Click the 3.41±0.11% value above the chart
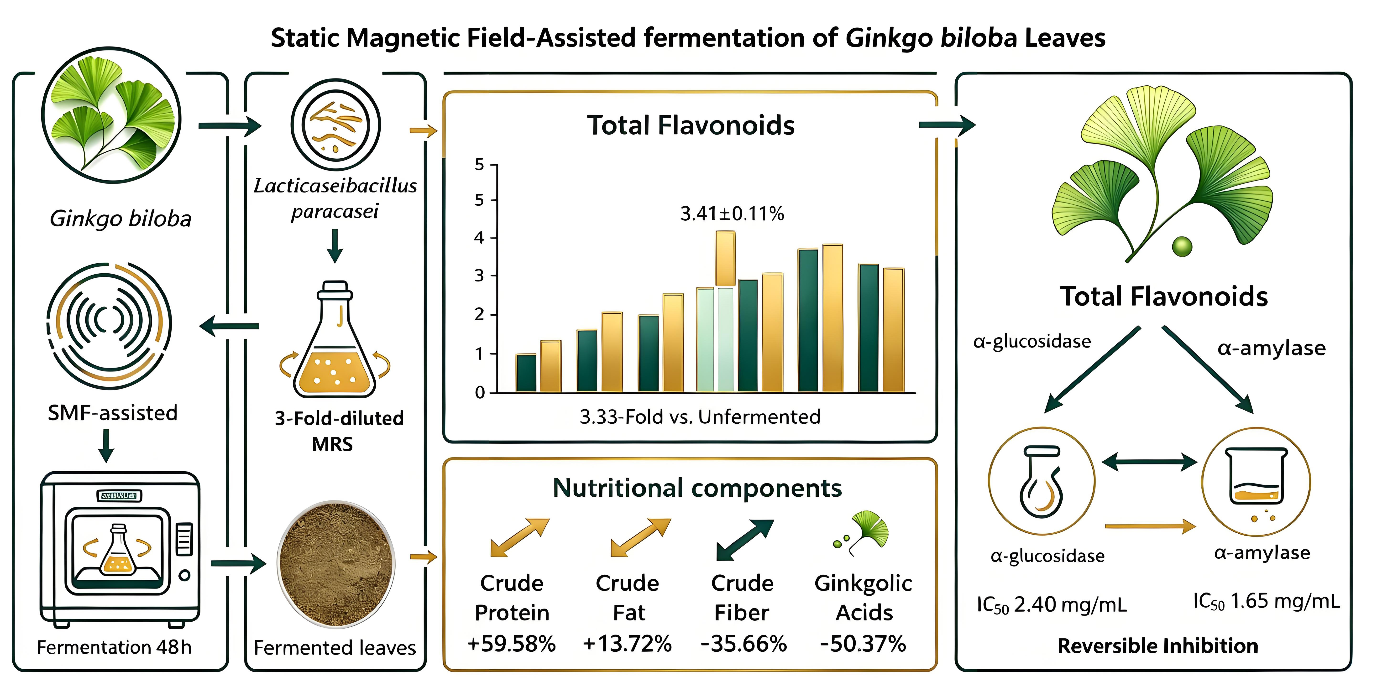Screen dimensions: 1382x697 click(732, 213)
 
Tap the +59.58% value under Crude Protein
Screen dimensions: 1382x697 click(511, 643)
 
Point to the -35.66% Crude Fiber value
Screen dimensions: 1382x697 click(743, 643)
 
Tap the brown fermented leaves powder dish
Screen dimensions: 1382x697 click(336, 563)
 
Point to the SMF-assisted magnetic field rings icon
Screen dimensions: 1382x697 click(109, 325)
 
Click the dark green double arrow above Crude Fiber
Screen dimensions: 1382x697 click(745, 540)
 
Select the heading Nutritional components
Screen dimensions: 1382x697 click(697, 488)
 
